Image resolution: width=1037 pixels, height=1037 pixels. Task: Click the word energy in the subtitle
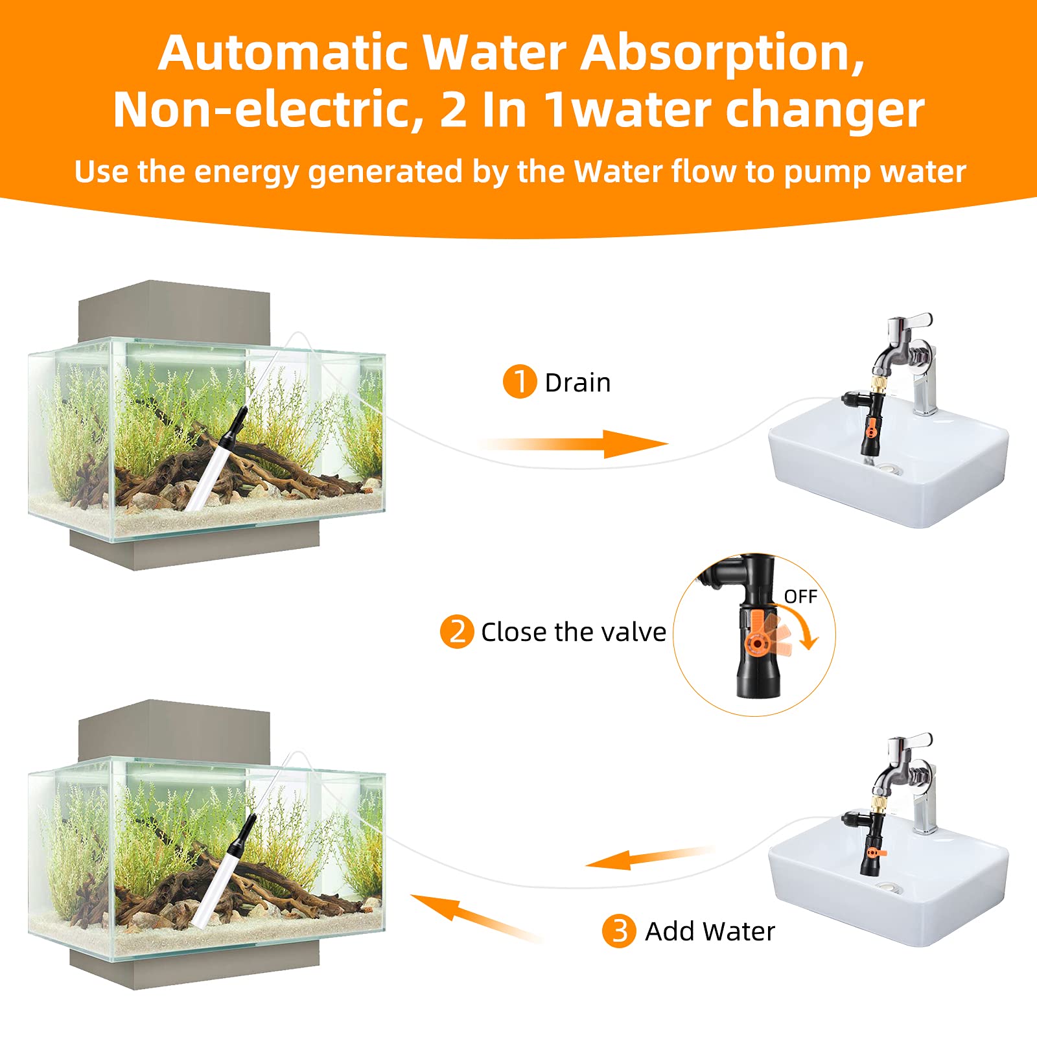[246, 172]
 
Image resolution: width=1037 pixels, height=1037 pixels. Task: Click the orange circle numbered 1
[519, 381]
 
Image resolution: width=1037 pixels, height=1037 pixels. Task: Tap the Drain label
[577, 383]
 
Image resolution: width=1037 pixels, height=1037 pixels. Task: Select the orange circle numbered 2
[457, 631]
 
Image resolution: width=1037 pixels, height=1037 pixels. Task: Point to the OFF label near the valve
[800, 596]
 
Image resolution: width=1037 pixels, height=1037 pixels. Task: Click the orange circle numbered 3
[618, 931]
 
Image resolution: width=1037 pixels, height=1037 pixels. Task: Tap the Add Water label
[710, 932]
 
